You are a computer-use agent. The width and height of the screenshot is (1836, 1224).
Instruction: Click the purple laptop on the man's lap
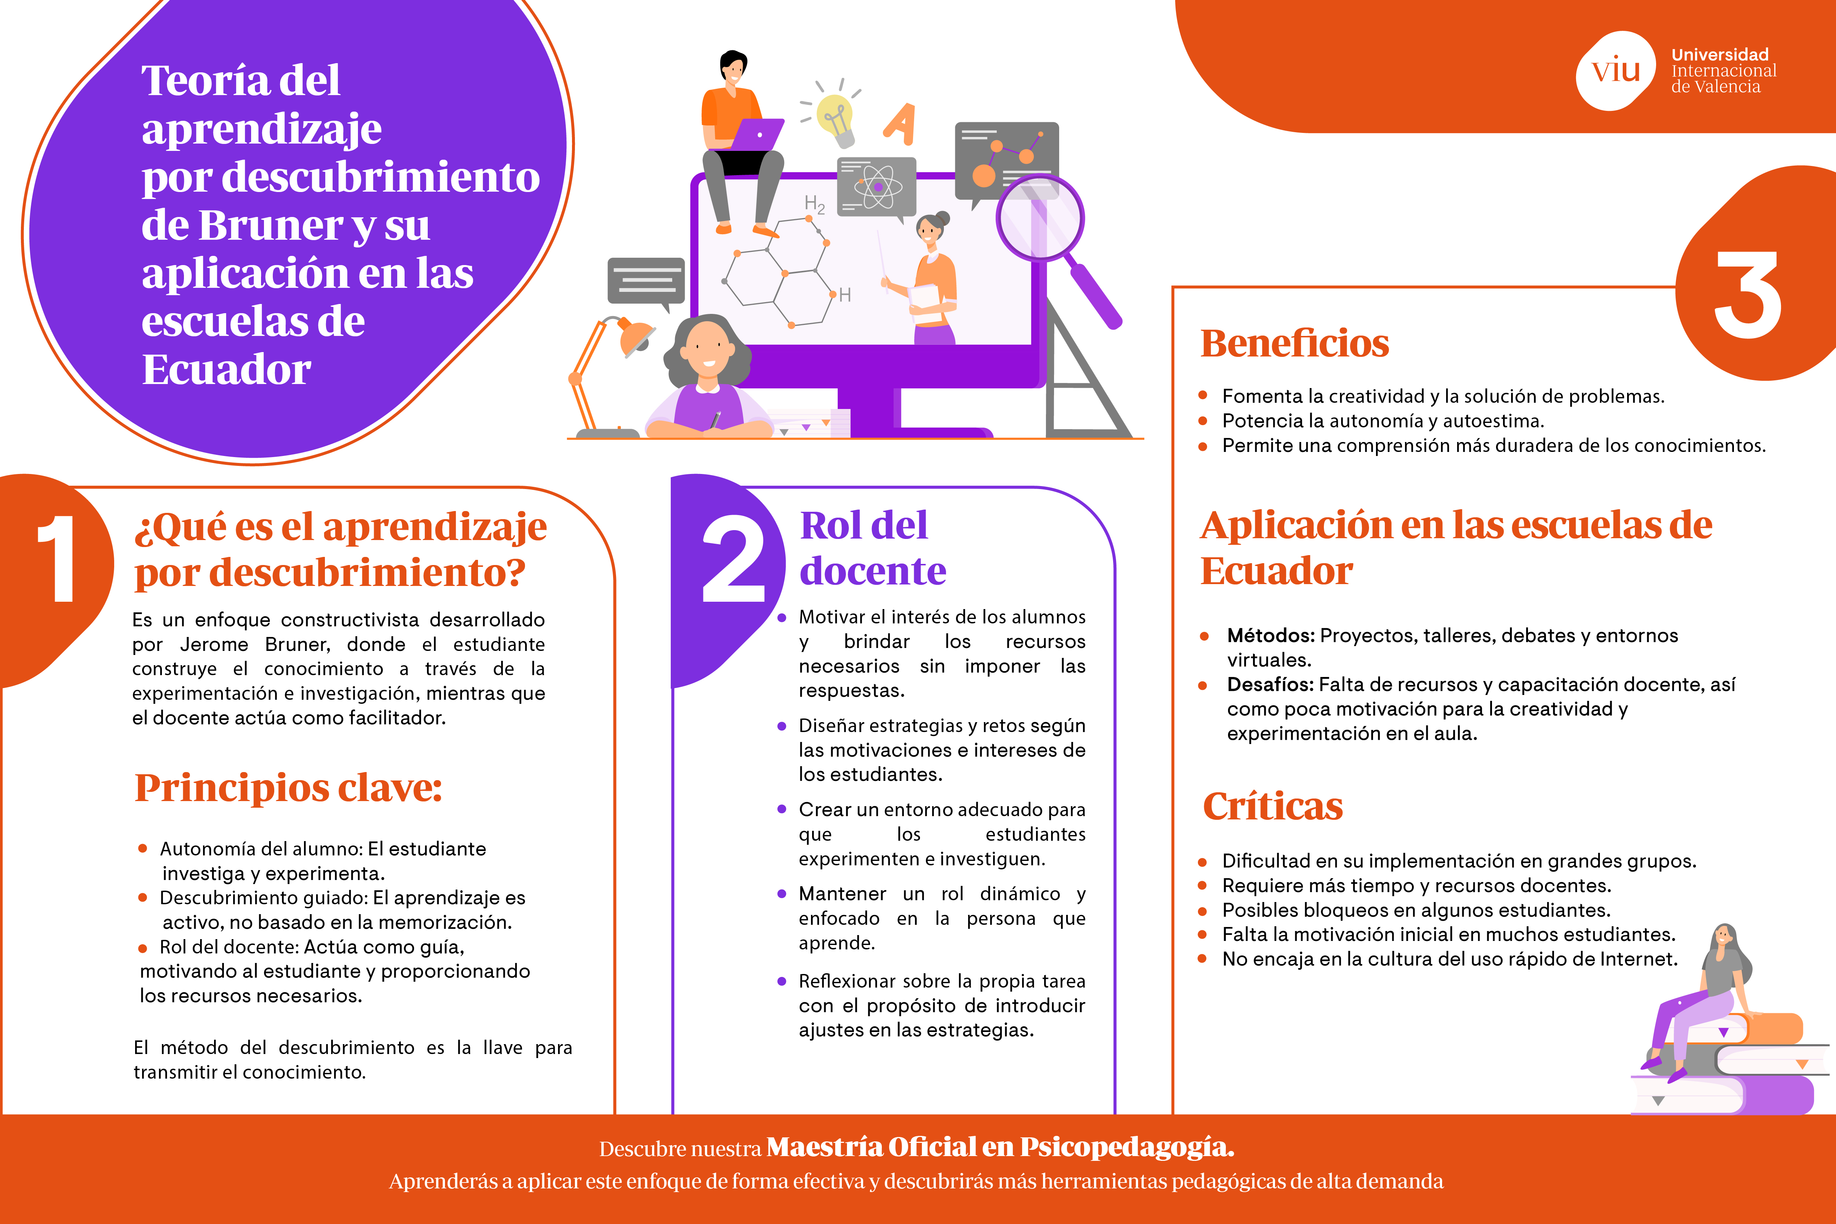[x=757, y=134]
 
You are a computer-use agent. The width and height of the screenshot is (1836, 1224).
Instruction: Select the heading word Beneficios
[x=1294, y=344]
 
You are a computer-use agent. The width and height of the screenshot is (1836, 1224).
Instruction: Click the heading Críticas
[x=1272, y=806]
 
